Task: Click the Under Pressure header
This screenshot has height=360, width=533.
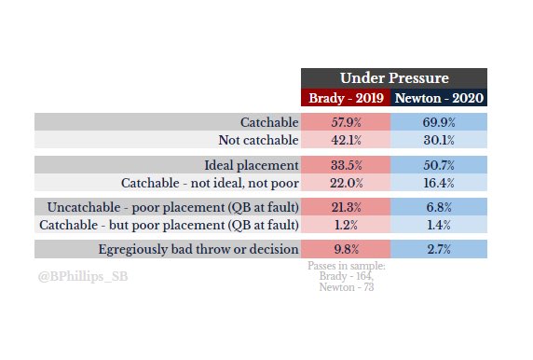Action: [393, 78]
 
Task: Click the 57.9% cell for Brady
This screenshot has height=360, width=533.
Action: [346, 122]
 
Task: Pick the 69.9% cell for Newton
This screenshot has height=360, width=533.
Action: [438, 122]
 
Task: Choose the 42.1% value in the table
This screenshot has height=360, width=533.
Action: [346, 140]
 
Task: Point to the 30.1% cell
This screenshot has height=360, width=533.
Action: [438, 140]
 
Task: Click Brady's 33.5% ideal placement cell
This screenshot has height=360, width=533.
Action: [346, 165]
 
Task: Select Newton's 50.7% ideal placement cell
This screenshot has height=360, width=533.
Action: [438, 165]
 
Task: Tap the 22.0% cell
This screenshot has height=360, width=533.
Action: [346, 182]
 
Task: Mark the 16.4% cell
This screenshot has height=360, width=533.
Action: [438, 182]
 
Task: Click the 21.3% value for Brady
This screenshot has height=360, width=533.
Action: [346, 207]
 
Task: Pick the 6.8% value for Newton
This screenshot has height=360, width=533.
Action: [438, 207]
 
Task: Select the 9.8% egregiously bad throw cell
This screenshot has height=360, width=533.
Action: [346, 249]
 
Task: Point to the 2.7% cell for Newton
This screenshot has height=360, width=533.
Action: [438, 249]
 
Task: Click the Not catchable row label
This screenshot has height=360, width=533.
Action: [258, 140]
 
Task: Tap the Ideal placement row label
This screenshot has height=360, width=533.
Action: [251, 165]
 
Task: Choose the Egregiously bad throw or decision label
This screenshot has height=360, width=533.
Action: [198, 249]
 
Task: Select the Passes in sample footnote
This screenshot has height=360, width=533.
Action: [346, 277]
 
